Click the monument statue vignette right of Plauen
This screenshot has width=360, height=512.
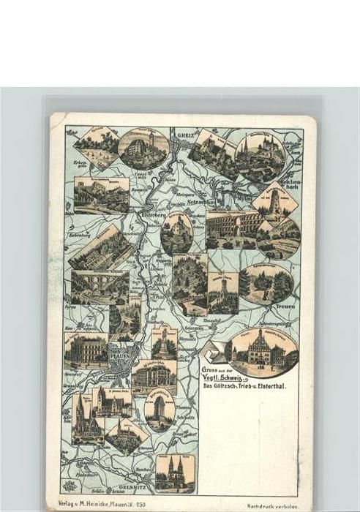click(x=165, y=342)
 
